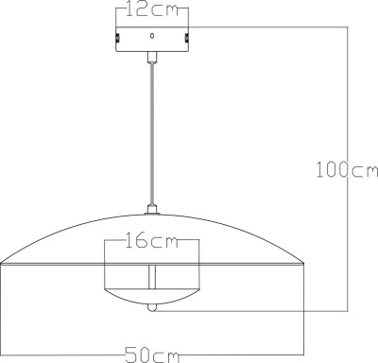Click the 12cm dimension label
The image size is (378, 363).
click(152, 11)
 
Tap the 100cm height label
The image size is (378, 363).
click(346, 170)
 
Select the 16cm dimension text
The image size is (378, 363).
click(152, 241)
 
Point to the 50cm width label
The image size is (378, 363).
click(153, 355)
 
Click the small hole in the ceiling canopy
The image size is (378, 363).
click(152, 35)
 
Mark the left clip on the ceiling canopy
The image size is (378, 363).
click(117, 39)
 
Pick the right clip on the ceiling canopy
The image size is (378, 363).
click(187, 39)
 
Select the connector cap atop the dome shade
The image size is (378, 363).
click(152, 208)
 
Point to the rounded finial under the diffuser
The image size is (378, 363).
click(152, 307)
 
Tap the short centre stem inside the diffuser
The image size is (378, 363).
click(152, 279)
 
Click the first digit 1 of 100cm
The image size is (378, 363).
click(319, 170)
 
